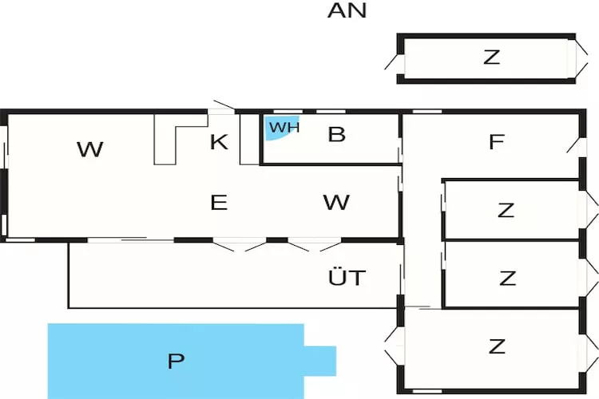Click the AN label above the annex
[x=347, y=11]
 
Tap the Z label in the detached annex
[x=491, y=57]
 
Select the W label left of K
[x=90, y=148]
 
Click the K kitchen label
[x=219, y=142]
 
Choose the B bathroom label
[x=336, y=134]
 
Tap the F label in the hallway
[x=496, y=142]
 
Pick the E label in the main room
[x=219, y=203]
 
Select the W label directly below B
[x=336, y=203]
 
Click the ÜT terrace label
[x=347, y=278]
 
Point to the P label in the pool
[x=176, y=361]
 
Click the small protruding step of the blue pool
[x=320, y=360]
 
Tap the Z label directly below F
[x=506, y=211]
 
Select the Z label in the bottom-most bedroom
[x=497, y=346]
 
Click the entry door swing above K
[x=223, y=107]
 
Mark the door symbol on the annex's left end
[x=393, y=57]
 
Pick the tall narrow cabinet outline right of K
[x=249, y=140]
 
